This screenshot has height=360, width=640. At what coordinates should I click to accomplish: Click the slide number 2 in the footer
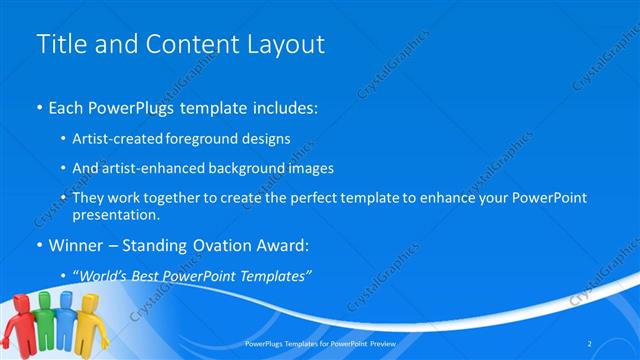coord(590,344)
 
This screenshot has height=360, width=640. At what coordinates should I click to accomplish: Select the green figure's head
coord(45,297)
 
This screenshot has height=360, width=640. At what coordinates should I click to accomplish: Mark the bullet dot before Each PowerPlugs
coord(39,106)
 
